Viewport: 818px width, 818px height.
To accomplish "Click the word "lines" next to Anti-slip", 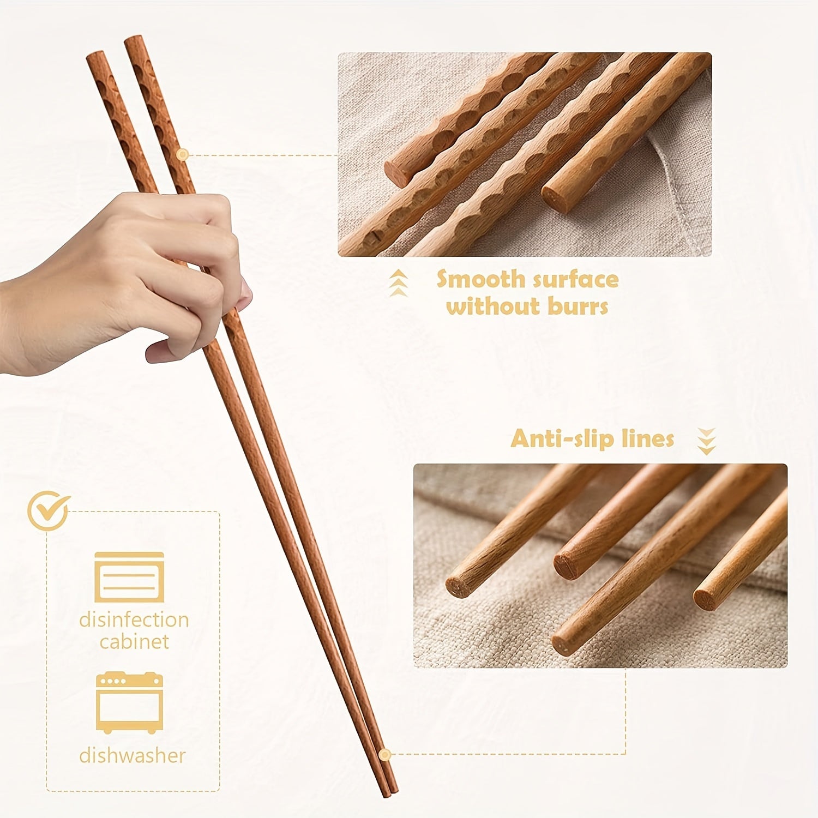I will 648,440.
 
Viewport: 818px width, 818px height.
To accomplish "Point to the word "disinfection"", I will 134,620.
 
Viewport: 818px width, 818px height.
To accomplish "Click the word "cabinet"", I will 134,642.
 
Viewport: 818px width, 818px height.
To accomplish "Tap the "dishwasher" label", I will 133,756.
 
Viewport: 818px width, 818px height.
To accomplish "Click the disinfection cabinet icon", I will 129,577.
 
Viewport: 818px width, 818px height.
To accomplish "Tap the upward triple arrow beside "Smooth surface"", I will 400,283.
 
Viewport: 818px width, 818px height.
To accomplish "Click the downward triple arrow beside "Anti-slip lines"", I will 707,441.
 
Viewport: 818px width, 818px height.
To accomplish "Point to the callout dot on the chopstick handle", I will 183,155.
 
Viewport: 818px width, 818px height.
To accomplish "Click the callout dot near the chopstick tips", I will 385,755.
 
